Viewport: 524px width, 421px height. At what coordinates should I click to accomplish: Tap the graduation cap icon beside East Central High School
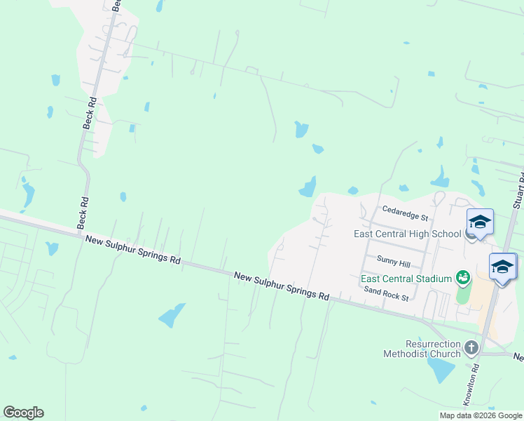(479, 222)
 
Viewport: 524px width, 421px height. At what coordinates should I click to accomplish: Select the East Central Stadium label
(406, 279)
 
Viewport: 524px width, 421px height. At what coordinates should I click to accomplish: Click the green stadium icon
(462, 279)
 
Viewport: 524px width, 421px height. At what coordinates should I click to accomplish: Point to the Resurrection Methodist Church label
(422, 349)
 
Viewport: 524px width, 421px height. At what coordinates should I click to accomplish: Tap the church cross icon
(471, 347)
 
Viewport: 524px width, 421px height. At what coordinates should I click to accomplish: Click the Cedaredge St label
(406, 210)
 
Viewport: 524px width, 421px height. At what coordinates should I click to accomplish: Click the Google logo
(23, 413)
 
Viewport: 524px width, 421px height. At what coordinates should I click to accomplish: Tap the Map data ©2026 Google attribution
(481, 415)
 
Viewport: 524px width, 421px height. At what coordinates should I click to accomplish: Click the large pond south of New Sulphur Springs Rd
(172, 316)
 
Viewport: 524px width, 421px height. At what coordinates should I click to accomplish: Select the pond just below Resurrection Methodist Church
(441, 370)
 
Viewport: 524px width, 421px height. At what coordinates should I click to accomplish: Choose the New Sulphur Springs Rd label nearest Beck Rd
(133, 250)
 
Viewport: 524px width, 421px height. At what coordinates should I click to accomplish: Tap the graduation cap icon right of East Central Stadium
(502, 267)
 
